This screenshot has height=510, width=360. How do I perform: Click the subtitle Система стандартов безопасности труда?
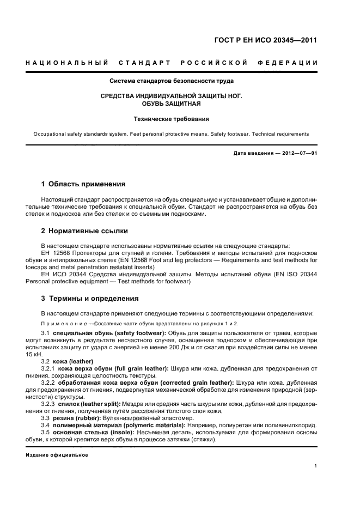(x=172, y=81)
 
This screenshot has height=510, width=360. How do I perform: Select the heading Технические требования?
(x=172, y=118)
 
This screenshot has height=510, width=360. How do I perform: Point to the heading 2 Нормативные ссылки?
(x=77, y=230)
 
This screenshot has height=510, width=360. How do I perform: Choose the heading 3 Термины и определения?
(x=86, y=299)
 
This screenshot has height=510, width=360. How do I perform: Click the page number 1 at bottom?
(x=316, y=466)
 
